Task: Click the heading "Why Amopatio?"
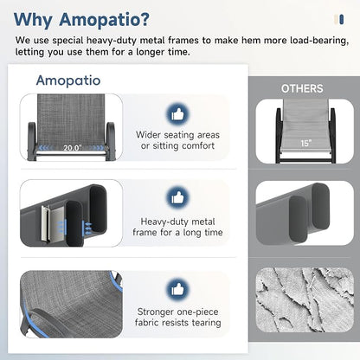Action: pyautogui.click(x=81, y=20)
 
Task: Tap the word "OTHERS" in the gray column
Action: pyautogui.click(x=302, y=88)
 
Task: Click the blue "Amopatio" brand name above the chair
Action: pyautogui.click(x=68, y=80)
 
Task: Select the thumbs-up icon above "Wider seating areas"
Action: pyautogui.click(x=177, y=114)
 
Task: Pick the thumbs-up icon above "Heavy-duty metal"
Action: pyautogui.click(x=177, y=197)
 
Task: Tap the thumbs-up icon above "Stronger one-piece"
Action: pyautogui.click(x=177, y=289)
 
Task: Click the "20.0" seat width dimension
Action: pyautogui.click(x=73, y=148)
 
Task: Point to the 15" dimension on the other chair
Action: pyautogui.click(x=305, y=143)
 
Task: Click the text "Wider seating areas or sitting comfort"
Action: pyautogui.click(x=177, y=140)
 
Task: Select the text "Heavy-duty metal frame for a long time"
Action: pyautogui.click(x=177, y=227)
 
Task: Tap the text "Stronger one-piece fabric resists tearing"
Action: pyautogui.click(x=177, y=317)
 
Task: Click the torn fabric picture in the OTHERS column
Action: pyautogui.click(x=305, y=299)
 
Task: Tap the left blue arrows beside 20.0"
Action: pyautogui.click(x=46, y=148)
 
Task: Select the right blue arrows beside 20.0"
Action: pyautogui.click(x=96, y=148)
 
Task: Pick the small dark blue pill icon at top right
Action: pyautogui.click(x=342, y=20)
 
